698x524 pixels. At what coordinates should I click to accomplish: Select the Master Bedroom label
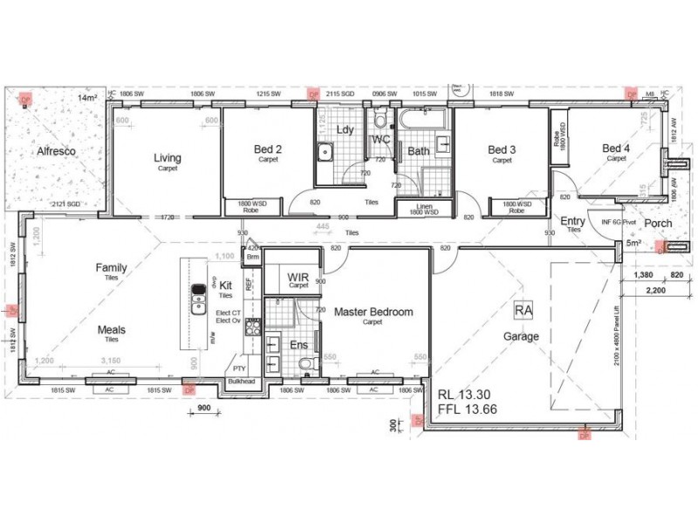tap(373, 312)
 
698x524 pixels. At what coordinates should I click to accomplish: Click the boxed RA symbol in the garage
tap(523, 310)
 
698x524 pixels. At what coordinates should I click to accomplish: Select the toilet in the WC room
tap(380, 120)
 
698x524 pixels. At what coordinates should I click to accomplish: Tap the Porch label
tap(658, 224)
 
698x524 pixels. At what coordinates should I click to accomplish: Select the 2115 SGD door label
tap(340, 93)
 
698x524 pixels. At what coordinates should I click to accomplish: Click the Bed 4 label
tap(617, 149)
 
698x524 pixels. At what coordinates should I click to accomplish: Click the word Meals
tap(111, 330)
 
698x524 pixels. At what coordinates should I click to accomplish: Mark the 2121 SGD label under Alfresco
tap(66, 203)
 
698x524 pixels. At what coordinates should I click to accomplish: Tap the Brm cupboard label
tap(253, 258)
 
